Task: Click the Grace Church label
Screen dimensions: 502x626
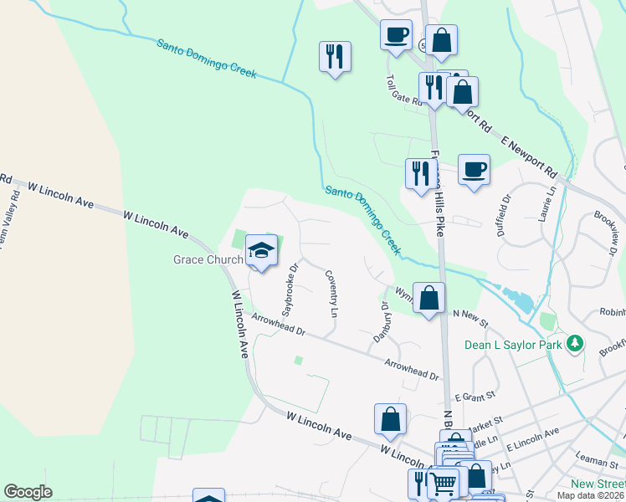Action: point(208,259)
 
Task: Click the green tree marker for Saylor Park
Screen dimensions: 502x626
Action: point(574,343)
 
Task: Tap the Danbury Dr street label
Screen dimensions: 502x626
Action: point(379,320)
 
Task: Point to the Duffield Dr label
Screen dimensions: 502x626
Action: point(505,217)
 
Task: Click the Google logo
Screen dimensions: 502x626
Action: point(28,492)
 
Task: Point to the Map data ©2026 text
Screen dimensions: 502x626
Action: point(591,495)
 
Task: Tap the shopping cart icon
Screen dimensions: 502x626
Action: point(444,482)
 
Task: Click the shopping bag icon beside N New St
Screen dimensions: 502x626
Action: point(428,298)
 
